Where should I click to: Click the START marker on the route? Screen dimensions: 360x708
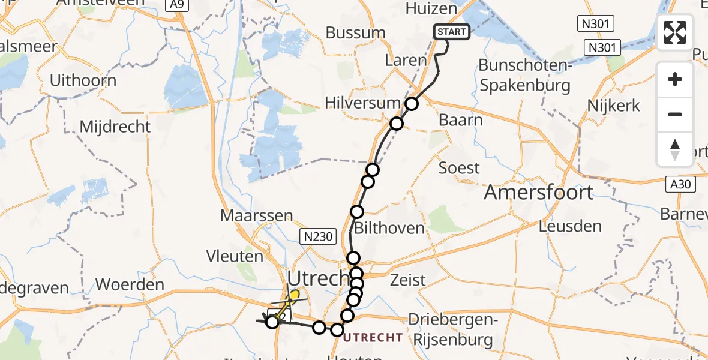click(x=452, y=32)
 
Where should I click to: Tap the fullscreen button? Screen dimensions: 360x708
click(x=675, y=32)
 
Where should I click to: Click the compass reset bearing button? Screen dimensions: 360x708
click(x=675, y=149)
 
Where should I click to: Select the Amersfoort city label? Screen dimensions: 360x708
click(x=538, y=193)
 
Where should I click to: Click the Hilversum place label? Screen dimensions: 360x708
click(x=362, y=103)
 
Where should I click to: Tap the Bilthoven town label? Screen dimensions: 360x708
click(x=390, y=228)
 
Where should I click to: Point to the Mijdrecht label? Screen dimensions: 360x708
click(x=116, y=127)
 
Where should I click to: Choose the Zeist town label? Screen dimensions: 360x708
click(x=407, y=280)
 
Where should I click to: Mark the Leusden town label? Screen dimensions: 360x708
click(x=570, y=227)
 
